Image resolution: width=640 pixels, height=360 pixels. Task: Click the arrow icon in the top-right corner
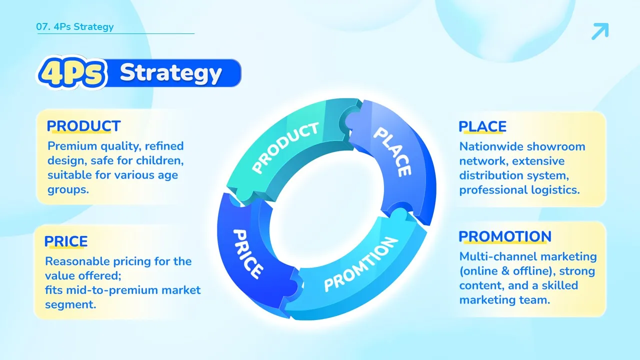click(600, 31)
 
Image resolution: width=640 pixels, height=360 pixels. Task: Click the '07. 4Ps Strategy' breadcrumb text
click(75, 26)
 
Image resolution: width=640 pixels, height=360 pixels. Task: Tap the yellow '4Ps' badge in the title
click(72, 72)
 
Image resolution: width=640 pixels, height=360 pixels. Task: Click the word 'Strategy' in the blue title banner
click(170, 73)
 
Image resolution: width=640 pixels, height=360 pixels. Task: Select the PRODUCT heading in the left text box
click(83, 126)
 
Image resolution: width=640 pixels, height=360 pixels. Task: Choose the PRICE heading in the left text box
click(66, 241)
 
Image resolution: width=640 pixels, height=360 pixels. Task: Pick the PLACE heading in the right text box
click(482, 126)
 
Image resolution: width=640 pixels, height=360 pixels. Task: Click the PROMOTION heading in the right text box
click(505, 236)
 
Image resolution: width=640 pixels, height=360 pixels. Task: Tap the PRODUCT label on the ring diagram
click(285, 147)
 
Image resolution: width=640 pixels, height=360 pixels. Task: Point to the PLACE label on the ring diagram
click(393, 151)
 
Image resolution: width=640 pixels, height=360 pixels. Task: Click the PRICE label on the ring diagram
click(247, 254)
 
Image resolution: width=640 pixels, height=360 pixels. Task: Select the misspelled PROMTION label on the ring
click(361, 264)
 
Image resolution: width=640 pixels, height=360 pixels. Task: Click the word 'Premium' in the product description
click(72, 146)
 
